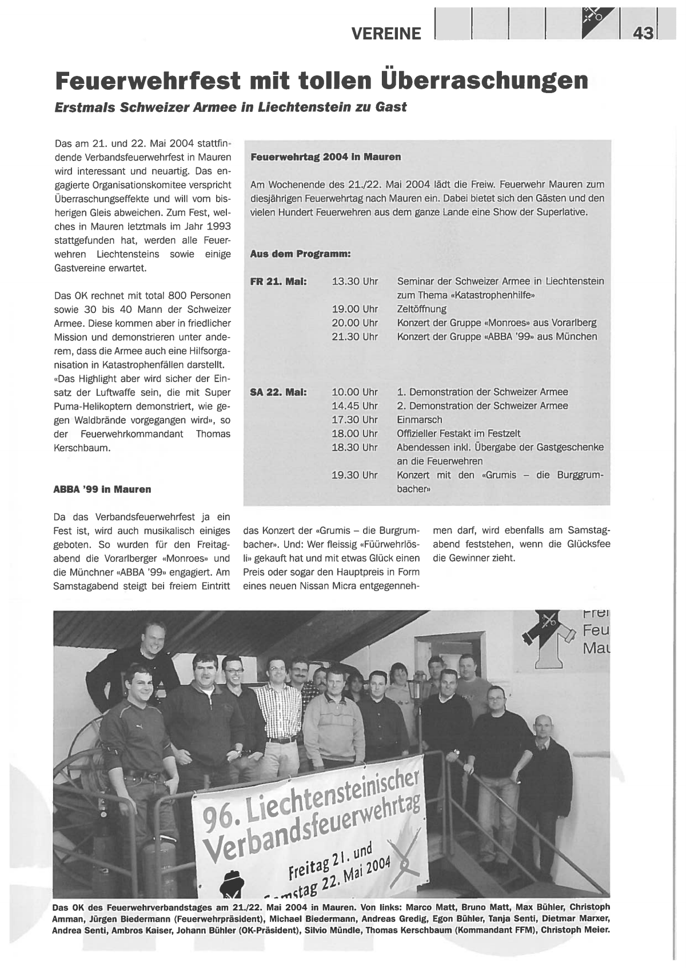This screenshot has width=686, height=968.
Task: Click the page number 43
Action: pos(643,34)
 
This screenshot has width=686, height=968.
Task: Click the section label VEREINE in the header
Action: pos(386,34)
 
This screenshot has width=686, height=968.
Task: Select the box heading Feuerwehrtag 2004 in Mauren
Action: pos(326,156)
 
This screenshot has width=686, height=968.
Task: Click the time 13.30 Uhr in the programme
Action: pos(354,282)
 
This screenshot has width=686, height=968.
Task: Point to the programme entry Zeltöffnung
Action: pos(422,309)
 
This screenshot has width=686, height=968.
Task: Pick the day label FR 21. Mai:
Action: pos(279,282)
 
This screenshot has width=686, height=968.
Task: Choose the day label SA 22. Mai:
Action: pos(279,392)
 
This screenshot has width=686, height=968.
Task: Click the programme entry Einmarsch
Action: pos(420,420)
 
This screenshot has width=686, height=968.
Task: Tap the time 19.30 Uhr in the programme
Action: pos(354,475)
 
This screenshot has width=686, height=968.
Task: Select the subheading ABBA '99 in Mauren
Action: pos(102,489)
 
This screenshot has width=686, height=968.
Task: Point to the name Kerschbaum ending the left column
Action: pos(82,448)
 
